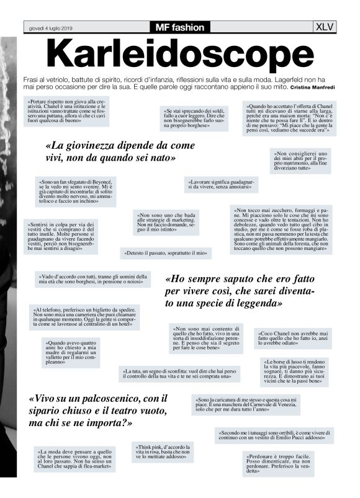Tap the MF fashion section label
(x=180, y=27)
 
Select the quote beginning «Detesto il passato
(x=165, y=254)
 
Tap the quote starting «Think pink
(x=163, y=454)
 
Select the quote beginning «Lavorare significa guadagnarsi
(x=221, y=184)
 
